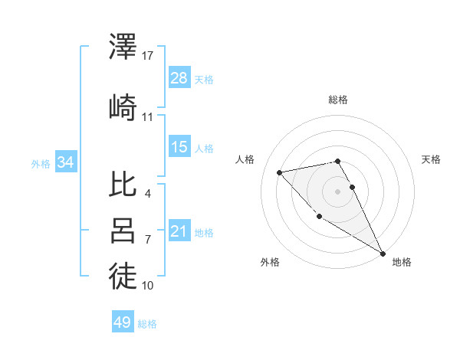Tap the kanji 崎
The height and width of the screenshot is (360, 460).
click(x=123, y=108)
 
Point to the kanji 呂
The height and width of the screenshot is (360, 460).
click(x=123, y=231)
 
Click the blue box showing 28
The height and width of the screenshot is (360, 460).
click(x=179, y=78)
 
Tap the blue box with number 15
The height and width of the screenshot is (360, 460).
click(x=179, y=147)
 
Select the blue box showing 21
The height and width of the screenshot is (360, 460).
click(x=179, y=231)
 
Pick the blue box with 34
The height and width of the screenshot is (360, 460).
click(x=66, y=162)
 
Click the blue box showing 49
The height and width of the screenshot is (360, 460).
click(x=123, y=322)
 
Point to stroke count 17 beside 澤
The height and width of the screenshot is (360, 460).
click(x=148, y=56)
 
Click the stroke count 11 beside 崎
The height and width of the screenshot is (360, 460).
click(x=148, y=117)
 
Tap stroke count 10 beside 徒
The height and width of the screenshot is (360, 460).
click(x=148, y=286)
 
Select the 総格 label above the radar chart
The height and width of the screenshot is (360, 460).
click(x=338, y=100)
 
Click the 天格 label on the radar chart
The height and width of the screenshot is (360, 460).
click(x=432, y=159)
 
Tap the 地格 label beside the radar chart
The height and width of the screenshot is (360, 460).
click(x=402, y=263)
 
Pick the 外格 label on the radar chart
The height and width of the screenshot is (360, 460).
click(x=270, y=263)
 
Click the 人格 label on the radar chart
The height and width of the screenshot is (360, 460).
click(x=245, y=159)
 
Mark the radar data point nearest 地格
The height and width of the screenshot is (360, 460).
click(x=383, y=254)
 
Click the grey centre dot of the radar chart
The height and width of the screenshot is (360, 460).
click(x=337, y=191)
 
